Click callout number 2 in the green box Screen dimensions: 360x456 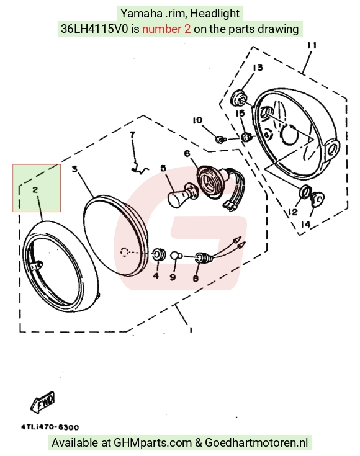pyautogui.click(x=35, y=190)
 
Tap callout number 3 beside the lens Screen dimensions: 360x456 pyautogui.click(x=75, y=169)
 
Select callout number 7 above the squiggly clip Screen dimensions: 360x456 pyautogui.click(x=132, y=135)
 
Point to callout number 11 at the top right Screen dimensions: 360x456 pyautogui.click(x=312, y=45)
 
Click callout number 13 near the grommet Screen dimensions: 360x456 pyautogui.click(x=258, y=68)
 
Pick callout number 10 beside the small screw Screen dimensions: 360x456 pyautogui.click(x=197, y=120)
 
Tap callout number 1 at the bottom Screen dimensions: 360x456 pyautogui.click(x=191, y=330)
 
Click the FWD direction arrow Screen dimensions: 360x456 pyautogui.click(x=43, y=402)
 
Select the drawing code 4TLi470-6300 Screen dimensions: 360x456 pyautogui.click(x=50, y=427)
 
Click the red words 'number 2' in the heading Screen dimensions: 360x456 pyautogui.click(x=166, y=29)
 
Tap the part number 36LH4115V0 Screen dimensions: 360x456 pyautogui.click(x=94, y=29)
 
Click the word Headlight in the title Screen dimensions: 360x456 pyautogui.click(x=215, y=14)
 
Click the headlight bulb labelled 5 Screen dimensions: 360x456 pyautogui.click(x=182, y=195)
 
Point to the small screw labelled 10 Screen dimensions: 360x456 pyautogui.click(x=221, y=140)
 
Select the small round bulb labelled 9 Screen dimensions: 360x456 pyautogui.click(x=176, y=256)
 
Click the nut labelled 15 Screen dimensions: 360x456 pyautogui.click(x=247, y=136)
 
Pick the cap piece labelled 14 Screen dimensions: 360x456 pyautogui.click(x=317, y=199)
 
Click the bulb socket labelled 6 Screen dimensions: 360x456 pyautogui.click(x=209, y=182)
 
